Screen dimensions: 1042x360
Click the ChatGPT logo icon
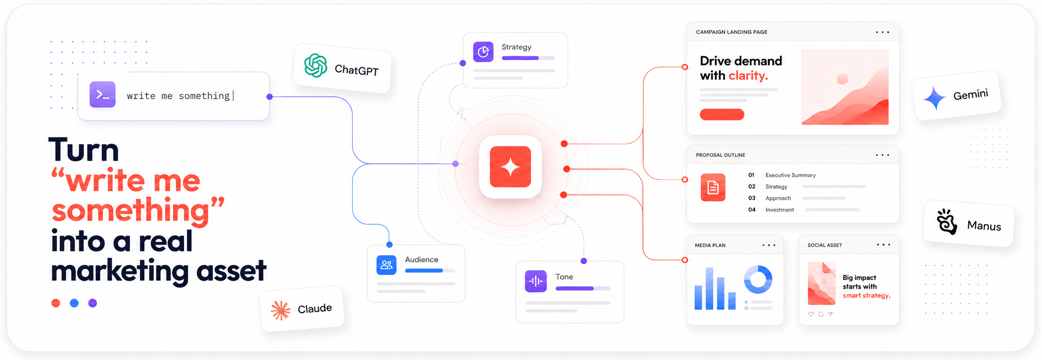click(x=316, y=65)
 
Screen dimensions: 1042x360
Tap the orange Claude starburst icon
click(x=281, y=310)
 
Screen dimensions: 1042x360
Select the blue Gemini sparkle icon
click(x=935, y=98)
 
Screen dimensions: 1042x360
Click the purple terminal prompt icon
click(x=103, y=95)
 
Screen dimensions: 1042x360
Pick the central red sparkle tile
click(x=510, y=167)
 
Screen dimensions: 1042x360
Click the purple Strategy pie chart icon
click(x=483, y=52)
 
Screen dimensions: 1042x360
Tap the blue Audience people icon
click(x=387, y=265)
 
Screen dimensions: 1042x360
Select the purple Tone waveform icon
click(x=536, y=281)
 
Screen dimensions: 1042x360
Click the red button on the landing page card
click(x=722, y=115)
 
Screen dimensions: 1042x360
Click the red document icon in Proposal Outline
click(x=713, y=188)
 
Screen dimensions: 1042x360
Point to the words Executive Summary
click(x=791, y=175)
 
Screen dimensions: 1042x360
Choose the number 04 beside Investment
click(x=752, y=210)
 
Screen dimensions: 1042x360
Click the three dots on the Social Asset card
click(x=883, y=245)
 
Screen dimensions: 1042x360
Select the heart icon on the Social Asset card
click(x=811, y=314)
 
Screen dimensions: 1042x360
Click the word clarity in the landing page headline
click(x=748, y=76)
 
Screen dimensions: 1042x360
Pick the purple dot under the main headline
click(x=93, y=303)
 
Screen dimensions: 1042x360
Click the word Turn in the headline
click(x=84, y=150)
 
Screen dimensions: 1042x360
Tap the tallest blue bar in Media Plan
click(x=709, y=288)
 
